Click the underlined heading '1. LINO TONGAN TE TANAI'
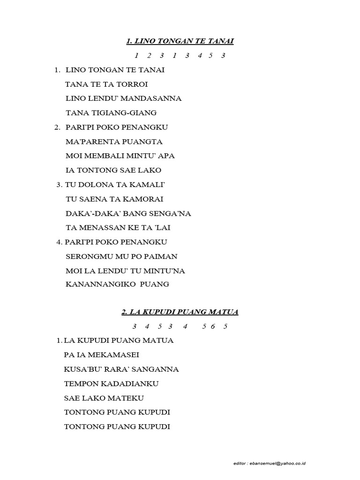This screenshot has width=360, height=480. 180,42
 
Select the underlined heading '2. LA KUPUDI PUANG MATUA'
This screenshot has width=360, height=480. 180,312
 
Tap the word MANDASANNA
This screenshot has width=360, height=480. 155,99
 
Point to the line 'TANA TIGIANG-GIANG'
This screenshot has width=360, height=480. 111,113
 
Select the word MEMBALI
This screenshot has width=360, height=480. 109,156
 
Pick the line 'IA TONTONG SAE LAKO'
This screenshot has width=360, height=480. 114,170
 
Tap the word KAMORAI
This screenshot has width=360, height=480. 142,199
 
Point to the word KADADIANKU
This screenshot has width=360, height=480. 128,384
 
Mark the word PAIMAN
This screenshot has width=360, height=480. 159,256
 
